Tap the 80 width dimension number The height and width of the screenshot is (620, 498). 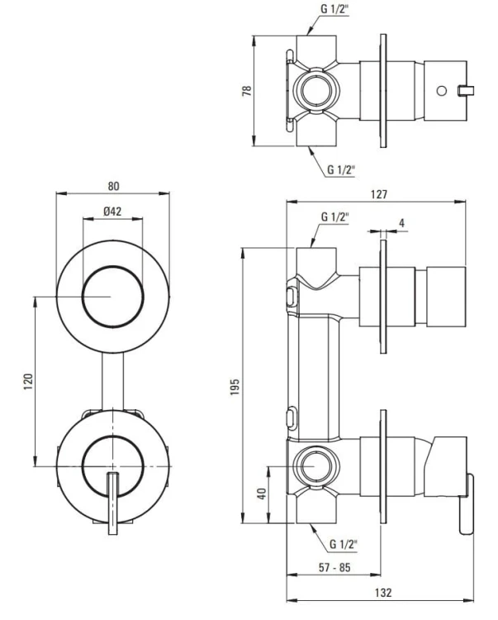click(x=113, y=186)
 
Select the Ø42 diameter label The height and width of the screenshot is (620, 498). click(x=113, y=211)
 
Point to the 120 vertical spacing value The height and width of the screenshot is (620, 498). click(x=27, y=382)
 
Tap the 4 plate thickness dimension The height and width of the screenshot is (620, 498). click(x=401, y=223)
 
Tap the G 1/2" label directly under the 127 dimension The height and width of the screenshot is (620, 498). click(x=333, y=217)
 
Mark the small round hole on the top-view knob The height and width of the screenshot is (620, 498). click(x=441, y=89)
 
